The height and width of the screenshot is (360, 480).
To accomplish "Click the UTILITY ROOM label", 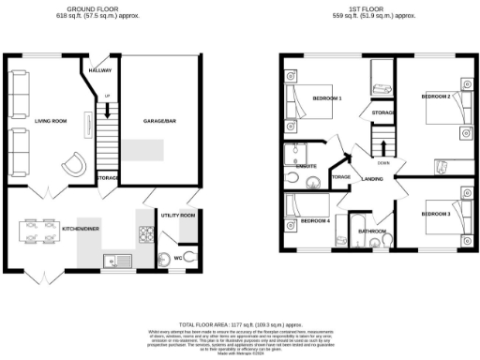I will click(178, 216).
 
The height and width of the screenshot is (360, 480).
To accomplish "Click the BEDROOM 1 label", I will click(326, 98).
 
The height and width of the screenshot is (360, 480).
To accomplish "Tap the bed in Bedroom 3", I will click(445, 218).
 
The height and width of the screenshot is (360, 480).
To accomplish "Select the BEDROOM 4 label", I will click(315, 221).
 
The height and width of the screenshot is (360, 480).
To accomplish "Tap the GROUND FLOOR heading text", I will click(84, 8).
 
